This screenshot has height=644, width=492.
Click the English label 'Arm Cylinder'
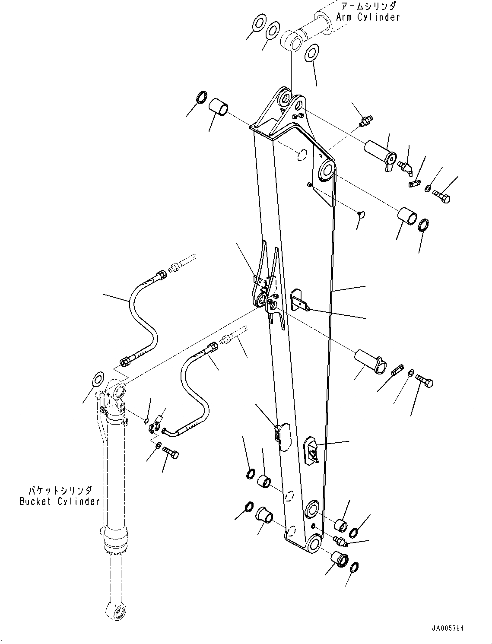point(368,17)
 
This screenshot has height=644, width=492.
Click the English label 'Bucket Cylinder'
point(59,501)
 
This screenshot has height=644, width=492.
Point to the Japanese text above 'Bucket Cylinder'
point(60,491)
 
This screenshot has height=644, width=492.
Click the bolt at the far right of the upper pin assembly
point(442,197)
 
